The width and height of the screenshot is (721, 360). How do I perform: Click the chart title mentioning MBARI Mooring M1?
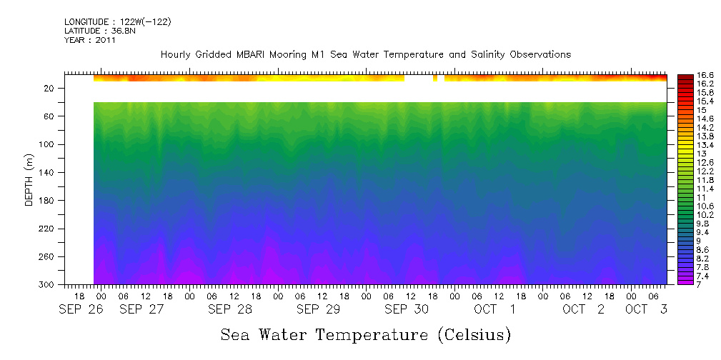click(x=365, y=54)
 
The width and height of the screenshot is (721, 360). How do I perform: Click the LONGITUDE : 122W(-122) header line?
click(x=117, y=22)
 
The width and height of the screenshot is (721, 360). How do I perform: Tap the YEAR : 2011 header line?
click(x=89, y=41)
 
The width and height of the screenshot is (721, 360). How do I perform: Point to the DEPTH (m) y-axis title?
click(x=29, y=179)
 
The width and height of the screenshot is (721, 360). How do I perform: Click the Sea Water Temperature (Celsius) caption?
click(x=365, y=334)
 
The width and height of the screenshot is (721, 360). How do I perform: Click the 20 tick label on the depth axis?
click(x=49, y=88)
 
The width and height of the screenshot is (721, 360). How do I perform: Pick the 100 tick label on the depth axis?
click(x=47, y=144)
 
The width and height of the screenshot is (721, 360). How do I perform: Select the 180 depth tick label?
click(x=47, y=201)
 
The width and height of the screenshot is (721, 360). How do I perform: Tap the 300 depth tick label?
click(x=47, y=285)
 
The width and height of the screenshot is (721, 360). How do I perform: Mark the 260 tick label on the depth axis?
click(x=47, y=257)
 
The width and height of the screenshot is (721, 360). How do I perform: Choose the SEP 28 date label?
click(x=229, y=309)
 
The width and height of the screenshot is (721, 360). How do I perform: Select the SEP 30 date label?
click(x=406, y=309)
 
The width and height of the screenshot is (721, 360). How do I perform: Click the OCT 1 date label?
click(x=494, y=309)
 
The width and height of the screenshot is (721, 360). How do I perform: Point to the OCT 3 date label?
click(x=646, y=309)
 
